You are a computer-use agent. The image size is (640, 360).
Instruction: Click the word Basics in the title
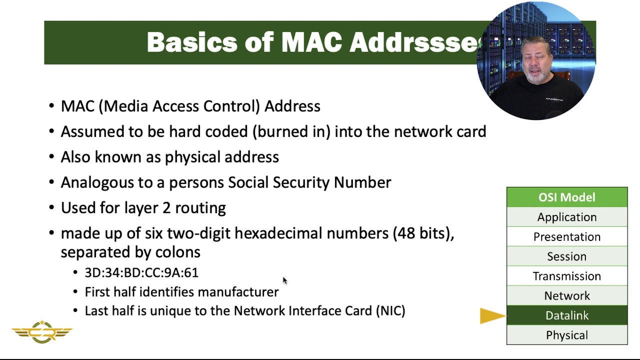point(191,42)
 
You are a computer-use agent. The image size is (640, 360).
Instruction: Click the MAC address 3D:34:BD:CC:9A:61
point(141,272)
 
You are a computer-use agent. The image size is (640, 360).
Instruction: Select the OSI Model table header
point(566,197)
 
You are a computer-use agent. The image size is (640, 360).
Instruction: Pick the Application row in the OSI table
point(566,217)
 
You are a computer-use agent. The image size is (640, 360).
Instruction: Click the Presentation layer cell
point(566,236)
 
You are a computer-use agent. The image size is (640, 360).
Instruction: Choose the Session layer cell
point(566,256)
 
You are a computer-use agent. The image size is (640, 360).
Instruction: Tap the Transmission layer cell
point(566,276)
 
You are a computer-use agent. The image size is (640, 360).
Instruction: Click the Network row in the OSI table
point(566,295)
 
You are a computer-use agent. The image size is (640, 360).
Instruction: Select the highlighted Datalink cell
point(566,315)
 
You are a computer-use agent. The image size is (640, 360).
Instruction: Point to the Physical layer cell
point(566,335)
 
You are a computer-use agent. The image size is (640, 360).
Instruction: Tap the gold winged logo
point(42,331)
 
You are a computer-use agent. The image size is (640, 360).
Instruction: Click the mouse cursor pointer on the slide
point(284,280)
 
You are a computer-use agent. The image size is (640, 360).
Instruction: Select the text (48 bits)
point(423,233)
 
